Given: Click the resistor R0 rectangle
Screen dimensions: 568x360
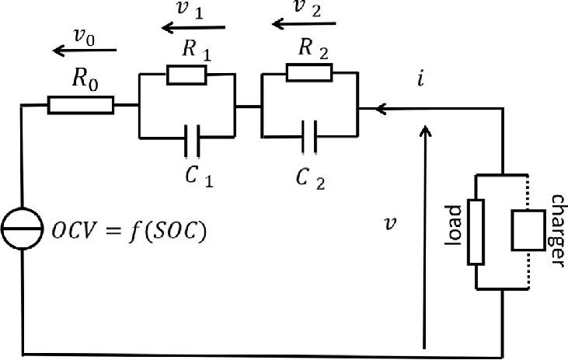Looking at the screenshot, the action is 81,105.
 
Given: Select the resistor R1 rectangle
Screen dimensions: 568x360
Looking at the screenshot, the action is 186,75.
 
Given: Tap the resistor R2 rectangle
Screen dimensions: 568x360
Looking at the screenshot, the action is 309,72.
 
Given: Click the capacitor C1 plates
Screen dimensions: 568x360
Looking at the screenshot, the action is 192,141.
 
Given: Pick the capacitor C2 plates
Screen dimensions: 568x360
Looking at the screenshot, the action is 309,137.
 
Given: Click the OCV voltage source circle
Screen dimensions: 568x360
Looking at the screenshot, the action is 22,229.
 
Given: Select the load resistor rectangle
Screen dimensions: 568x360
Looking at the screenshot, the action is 476,232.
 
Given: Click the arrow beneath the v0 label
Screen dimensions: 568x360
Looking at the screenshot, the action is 85,50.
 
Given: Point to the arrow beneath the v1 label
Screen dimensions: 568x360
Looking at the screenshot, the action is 193,27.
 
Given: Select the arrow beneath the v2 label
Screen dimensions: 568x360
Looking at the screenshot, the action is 304,24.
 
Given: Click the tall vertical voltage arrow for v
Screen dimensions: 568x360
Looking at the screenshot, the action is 425,236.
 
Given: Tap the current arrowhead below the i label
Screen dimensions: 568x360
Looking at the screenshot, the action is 381,108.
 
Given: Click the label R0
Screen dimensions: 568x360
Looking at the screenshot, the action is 85,79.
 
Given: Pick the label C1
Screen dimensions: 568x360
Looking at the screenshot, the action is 199,177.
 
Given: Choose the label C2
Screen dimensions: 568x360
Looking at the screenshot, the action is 310,178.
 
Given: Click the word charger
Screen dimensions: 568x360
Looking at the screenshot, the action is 557,231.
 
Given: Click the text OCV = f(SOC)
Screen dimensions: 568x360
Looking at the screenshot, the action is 129,230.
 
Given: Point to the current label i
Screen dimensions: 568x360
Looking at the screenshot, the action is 420,79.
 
